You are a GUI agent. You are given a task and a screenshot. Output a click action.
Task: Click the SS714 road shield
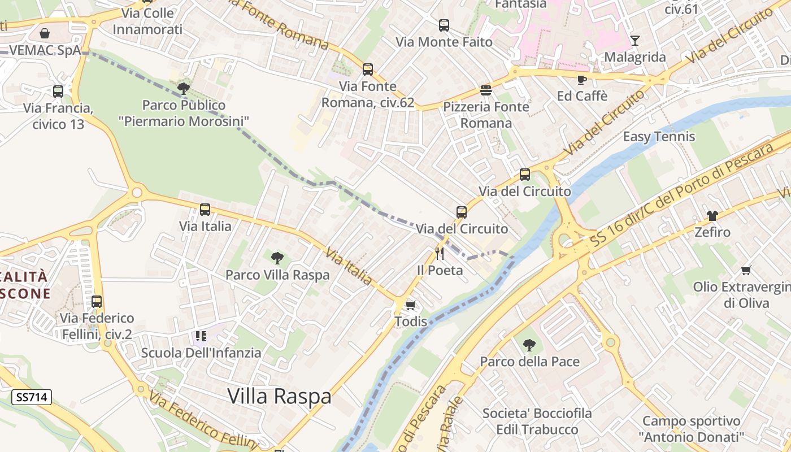click(32, 397)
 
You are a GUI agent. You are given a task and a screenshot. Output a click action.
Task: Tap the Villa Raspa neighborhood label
click(279, 396)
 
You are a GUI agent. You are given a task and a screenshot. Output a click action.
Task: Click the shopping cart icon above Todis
click(411, 305)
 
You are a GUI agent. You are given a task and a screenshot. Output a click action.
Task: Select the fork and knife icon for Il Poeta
click(440, 253)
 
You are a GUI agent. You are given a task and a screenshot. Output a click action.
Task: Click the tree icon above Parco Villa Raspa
click(277, 258)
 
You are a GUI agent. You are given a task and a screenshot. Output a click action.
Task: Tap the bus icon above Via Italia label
click(205, 210)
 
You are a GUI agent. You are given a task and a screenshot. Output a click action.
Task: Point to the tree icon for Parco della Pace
click(529, 345)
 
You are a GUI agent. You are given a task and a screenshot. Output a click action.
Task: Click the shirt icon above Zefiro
click(712, 215)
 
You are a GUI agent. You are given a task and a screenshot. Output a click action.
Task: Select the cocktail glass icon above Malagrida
click(635, 40)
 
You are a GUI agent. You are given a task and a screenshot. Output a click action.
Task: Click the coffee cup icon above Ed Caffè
click(582, 80)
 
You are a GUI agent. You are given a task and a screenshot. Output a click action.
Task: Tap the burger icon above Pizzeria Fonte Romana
click(485, 90)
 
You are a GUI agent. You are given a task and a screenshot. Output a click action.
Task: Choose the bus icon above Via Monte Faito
click(444, 25)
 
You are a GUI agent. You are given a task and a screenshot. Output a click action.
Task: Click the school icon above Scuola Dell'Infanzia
click(201, 336)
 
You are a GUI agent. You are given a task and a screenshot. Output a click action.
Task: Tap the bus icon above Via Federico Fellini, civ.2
click(97, 301)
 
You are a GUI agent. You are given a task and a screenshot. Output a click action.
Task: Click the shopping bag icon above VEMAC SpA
click(45, 33)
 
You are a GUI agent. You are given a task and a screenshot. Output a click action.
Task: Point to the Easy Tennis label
click(659, 137)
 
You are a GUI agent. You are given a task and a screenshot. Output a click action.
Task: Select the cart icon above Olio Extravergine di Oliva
click(746, 270)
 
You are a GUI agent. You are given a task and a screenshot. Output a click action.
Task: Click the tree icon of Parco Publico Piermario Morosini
click(183, 88)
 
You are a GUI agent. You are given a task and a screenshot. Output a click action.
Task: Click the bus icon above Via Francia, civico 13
click(58, 91)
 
